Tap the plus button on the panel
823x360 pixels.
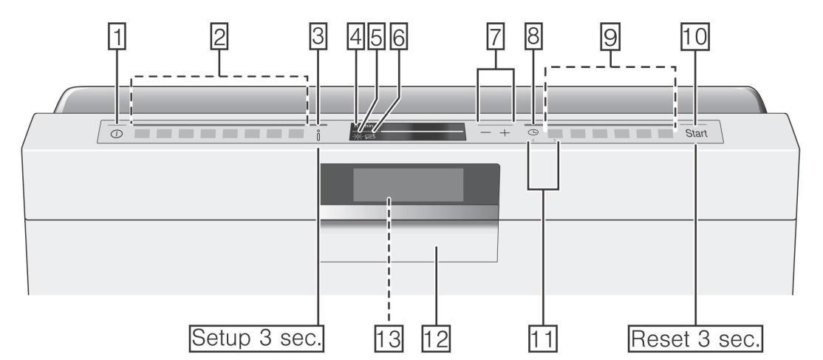click(x=505, y=135)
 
